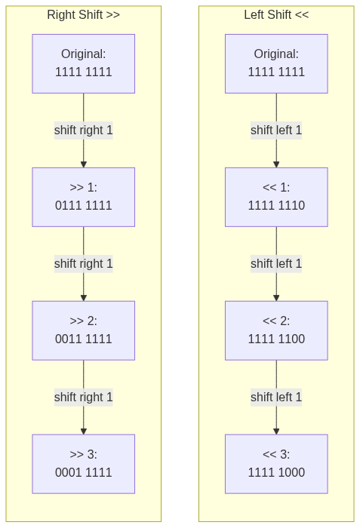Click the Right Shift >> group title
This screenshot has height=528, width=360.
coord(83,15)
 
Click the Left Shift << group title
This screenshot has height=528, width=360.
coord(276,15)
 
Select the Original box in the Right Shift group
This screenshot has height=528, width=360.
coord(84,63)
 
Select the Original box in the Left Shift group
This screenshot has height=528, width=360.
coord(276,63)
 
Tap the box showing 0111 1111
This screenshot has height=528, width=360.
coord(84,197)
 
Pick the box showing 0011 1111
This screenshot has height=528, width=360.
coord(84,330)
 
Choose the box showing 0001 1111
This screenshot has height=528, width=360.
coord(84,464)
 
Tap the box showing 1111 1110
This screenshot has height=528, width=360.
coord(276,197)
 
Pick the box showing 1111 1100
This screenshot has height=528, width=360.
coord(276,330)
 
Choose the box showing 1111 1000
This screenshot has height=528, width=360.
coord(276,464)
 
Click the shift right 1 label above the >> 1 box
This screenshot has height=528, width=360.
coord(84,130)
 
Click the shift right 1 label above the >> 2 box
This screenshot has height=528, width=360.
coord(84,264)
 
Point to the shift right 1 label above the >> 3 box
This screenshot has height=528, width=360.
coord(84,398)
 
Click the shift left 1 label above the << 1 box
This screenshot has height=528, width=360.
coord(276,130)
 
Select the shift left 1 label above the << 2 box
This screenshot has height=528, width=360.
coord(276,264)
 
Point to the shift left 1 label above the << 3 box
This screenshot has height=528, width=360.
coord(276,398)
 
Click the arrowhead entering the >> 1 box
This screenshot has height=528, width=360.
coord(84,164)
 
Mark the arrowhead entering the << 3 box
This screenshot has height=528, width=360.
coord(276,431)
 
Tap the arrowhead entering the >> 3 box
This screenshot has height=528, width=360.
coord(84,431)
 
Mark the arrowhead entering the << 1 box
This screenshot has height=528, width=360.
coord(276,164)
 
